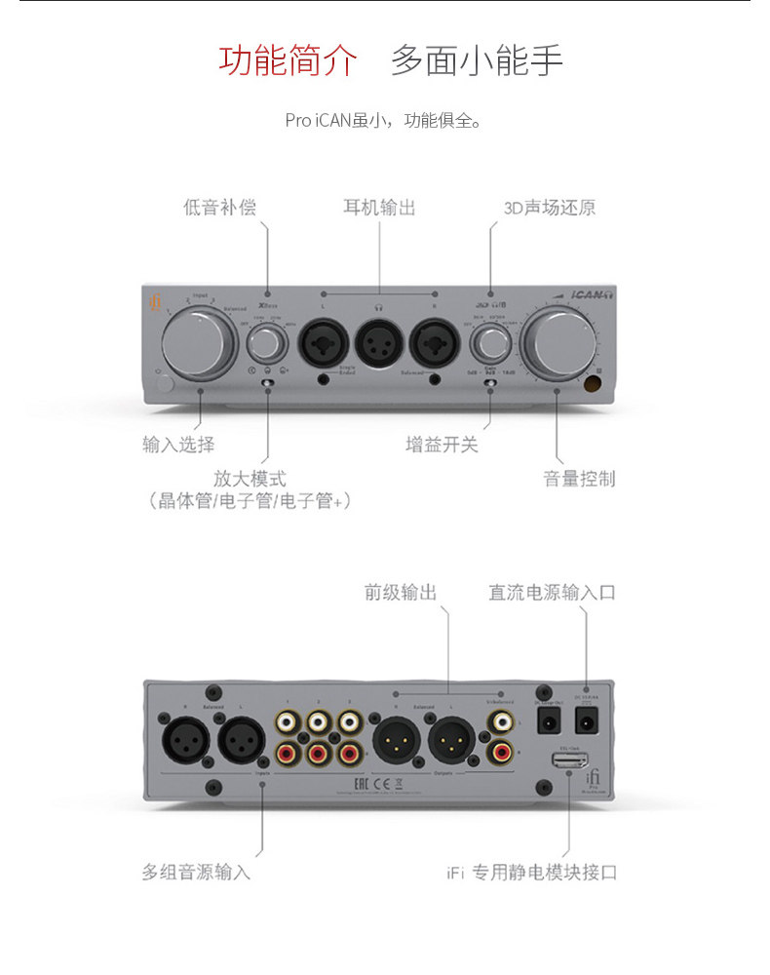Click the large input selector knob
(199, 340)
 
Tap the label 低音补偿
(220, 208)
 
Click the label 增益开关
(442, 445)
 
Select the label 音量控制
(579, 479)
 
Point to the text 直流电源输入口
(552, 593)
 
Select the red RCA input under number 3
(349, 753)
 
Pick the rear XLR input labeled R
(184, 737)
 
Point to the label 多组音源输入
(196, 872)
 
